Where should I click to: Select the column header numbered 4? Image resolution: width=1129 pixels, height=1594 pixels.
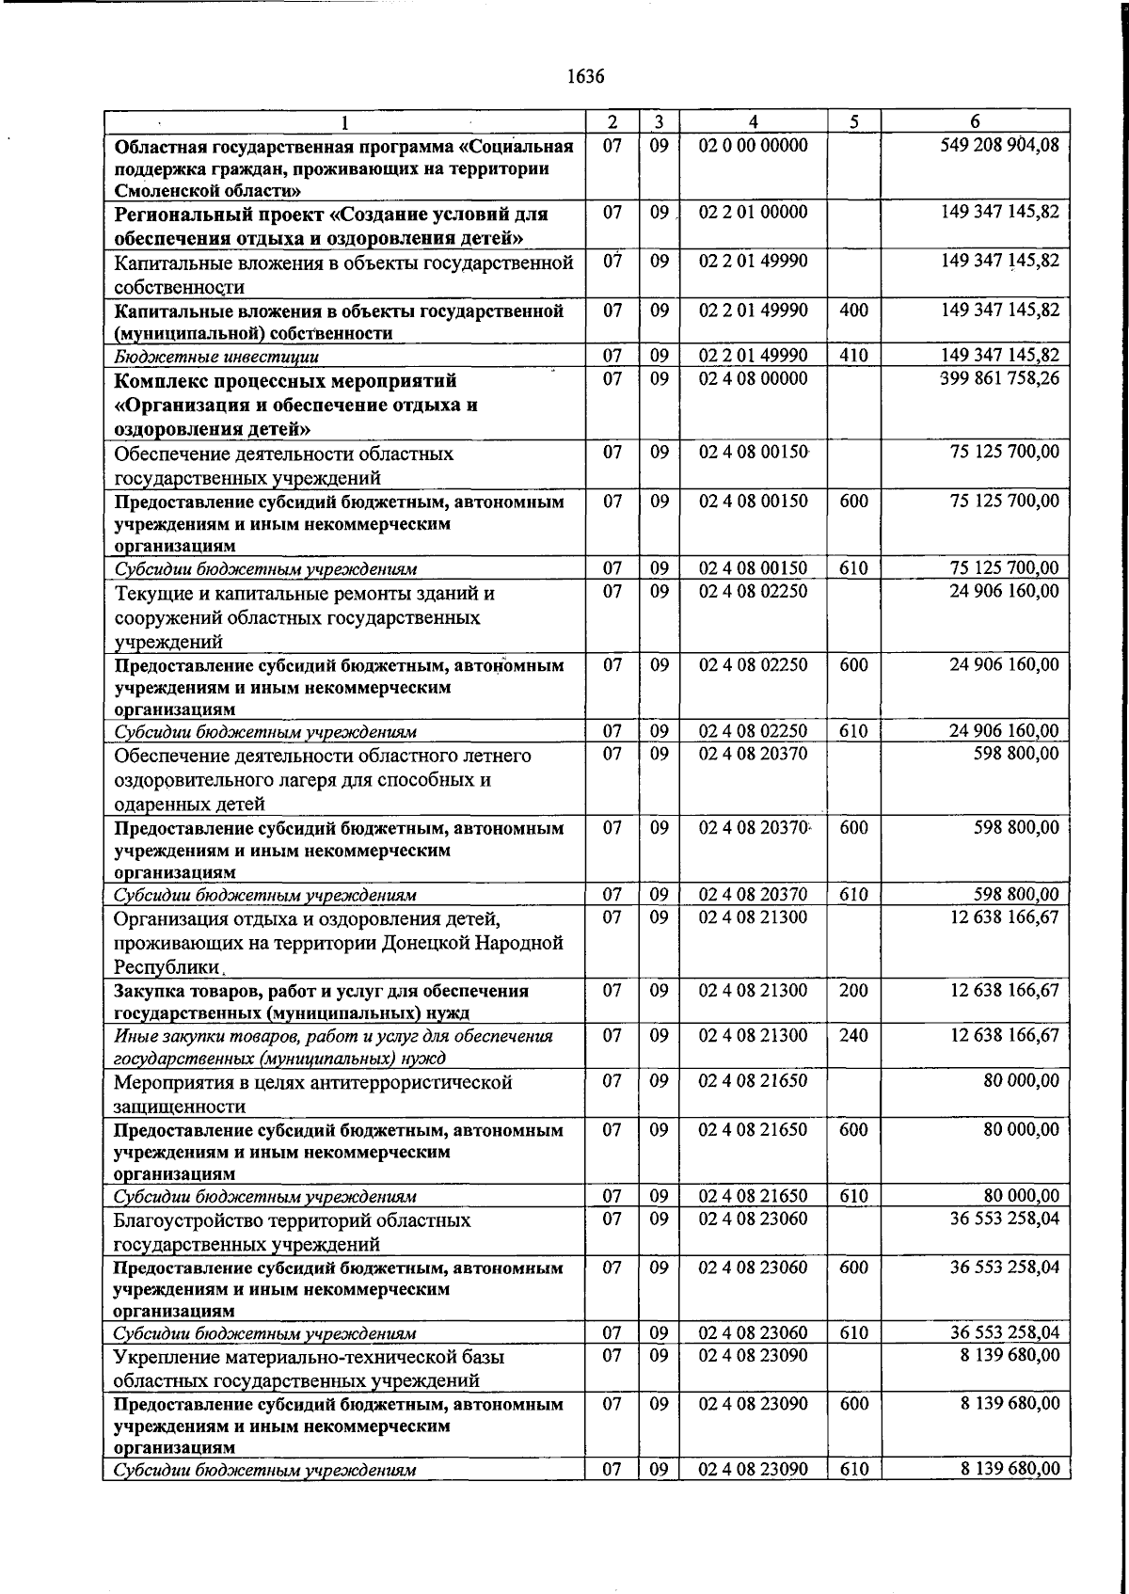[x=753, y=121]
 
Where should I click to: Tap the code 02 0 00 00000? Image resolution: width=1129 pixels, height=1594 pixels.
[x=753, y=145]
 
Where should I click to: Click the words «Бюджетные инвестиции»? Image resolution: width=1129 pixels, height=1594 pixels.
[x=216, y=357]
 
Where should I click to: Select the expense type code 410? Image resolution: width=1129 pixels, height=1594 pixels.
[x=853, y=356]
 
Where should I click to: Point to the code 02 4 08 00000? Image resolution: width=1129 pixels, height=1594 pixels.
[x=753, y=378]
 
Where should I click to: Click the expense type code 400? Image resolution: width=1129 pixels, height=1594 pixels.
[x=853, y=311]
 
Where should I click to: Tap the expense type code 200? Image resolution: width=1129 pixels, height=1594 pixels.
[x=853, y=991]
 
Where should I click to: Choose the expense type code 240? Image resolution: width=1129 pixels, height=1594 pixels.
[x=853, y=1036]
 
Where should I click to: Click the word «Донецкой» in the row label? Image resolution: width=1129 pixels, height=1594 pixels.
[x=422, y=943]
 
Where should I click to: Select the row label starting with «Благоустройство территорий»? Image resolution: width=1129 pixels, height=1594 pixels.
[x=292, y=1232]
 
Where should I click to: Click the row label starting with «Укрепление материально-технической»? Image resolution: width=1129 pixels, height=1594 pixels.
[x=309, y=1368]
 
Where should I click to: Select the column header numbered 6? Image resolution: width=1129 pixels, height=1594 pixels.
[x=975, y=121]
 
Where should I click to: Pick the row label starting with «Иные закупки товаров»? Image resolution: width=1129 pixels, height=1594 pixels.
[x=332, y=1046]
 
